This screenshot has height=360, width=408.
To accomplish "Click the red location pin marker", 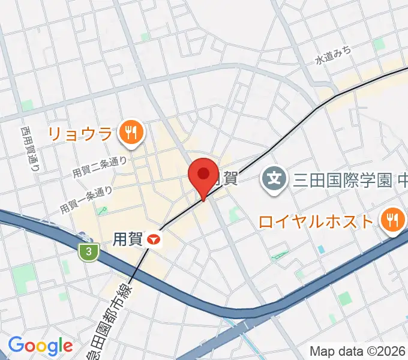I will coord(203,175).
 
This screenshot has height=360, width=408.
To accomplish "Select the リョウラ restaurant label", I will coord(88,133).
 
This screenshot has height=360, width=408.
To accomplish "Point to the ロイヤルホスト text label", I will coord(316,222).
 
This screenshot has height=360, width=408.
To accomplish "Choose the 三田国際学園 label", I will coord(342,179).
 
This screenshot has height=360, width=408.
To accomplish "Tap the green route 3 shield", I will coord(89,252).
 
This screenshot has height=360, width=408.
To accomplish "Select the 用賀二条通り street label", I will coord(100,166).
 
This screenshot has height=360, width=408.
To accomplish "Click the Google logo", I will coord(40,346).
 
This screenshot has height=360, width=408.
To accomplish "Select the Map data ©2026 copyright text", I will coord(358,351).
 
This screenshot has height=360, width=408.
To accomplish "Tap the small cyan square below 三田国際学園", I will coord(321,248).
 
